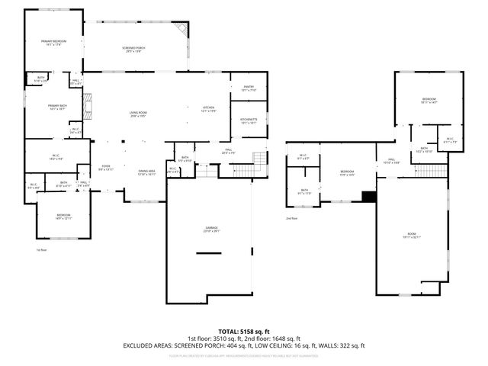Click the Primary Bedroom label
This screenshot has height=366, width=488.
tap(53, 43)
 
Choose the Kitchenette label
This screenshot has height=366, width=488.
tap(249, 120)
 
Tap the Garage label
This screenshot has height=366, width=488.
tap(210, 229)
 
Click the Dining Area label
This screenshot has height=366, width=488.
tap(146, 172)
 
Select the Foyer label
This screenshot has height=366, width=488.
tap(105, 168)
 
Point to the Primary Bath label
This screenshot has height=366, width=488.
tap(58, 107)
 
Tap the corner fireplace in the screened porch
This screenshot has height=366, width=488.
tap(180, 29)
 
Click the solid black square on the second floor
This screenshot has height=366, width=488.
tap(369, 197)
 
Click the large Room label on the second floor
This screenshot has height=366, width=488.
tap(412, 235)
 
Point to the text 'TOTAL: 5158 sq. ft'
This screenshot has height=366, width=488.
tap(243, 332)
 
